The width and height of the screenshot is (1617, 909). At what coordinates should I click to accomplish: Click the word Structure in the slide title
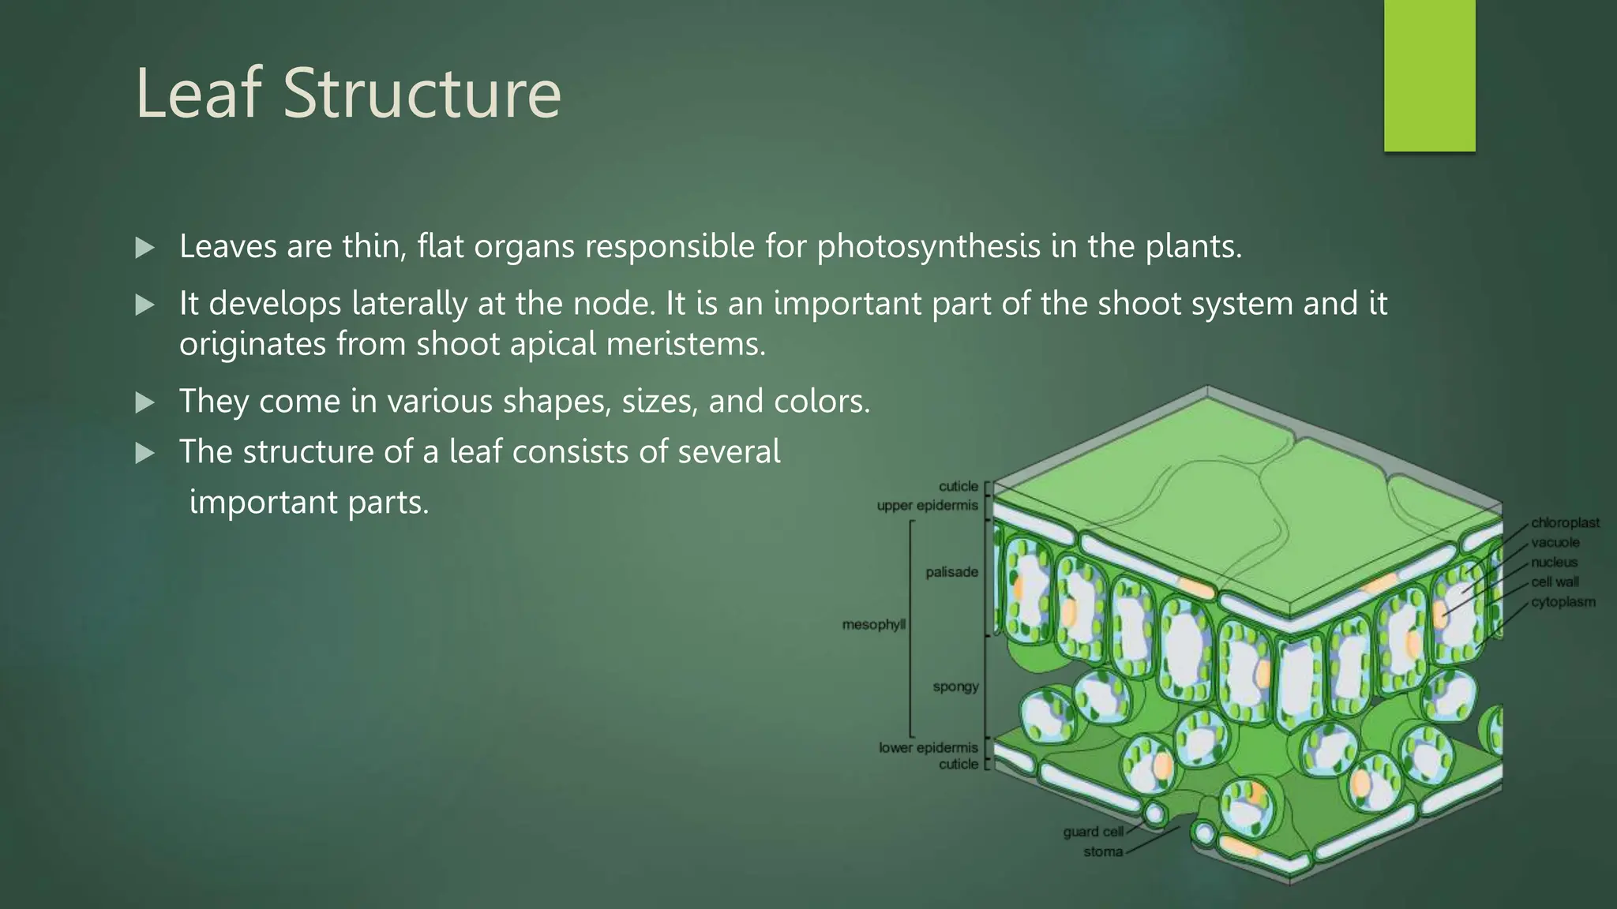pyautogui.click(x=422, y=94)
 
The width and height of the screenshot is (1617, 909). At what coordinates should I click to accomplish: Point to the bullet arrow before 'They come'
pyautogui.click(x=145, y=403)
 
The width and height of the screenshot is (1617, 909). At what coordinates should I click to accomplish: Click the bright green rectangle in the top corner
pyautogui.click(x=1429, y=76)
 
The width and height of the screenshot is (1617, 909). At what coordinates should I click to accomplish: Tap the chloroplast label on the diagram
pyautogui.click(x=1565, y=522)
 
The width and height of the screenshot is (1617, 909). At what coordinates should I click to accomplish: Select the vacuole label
pyautogui.click(x=1555, y=542)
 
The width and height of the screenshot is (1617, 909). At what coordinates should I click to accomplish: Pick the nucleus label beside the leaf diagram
pyautogui.click(x=1554, y=562)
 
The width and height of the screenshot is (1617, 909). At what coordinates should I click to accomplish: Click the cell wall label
pyautogui.click(x=1555, y=582)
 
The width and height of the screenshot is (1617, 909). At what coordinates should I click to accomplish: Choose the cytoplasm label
pyautogui.click(x=1563, y=602)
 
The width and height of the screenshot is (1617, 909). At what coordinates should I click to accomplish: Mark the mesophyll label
pyautogui.click(x=873, y=625)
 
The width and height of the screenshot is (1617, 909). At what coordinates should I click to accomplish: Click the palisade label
pyautogui.click(x=951, y=572)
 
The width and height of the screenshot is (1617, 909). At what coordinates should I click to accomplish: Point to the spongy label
pyautogui.click(x=955, y=686)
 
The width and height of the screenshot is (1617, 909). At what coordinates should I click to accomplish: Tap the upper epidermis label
pyautogui.click(x=927, y=505)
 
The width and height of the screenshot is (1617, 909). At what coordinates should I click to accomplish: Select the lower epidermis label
pyautogui.click(x=928, y=747)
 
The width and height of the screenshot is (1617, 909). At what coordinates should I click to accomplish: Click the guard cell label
pyautogui.click(x=1093, y=832)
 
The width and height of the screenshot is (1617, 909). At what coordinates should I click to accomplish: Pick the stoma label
pyautogui.click(x=1102, y=852)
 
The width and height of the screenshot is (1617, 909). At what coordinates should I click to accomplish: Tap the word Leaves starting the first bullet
pyautogui.click(x=228, y=247)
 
